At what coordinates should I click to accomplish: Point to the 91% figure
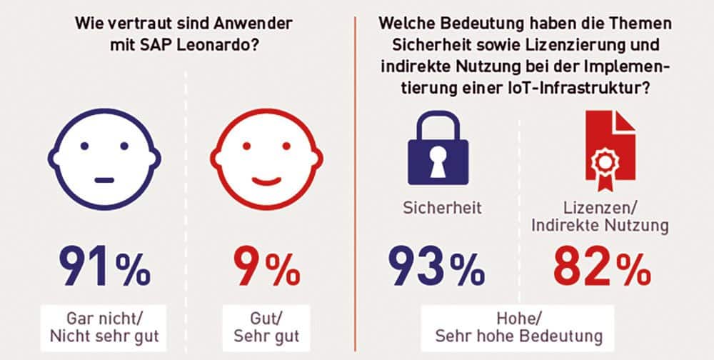click(104, 266)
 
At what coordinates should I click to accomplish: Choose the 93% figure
click(436, 267)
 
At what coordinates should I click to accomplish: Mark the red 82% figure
click(603, 267)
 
